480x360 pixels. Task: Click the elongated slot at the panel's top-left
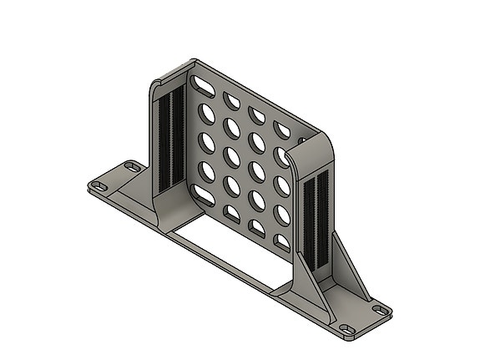202,84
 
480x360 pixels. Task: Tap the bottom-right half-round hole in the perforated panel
283,243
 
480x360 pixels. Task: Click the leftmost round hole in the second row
202,112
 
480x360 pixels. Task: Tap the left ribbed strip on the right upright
310,221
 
